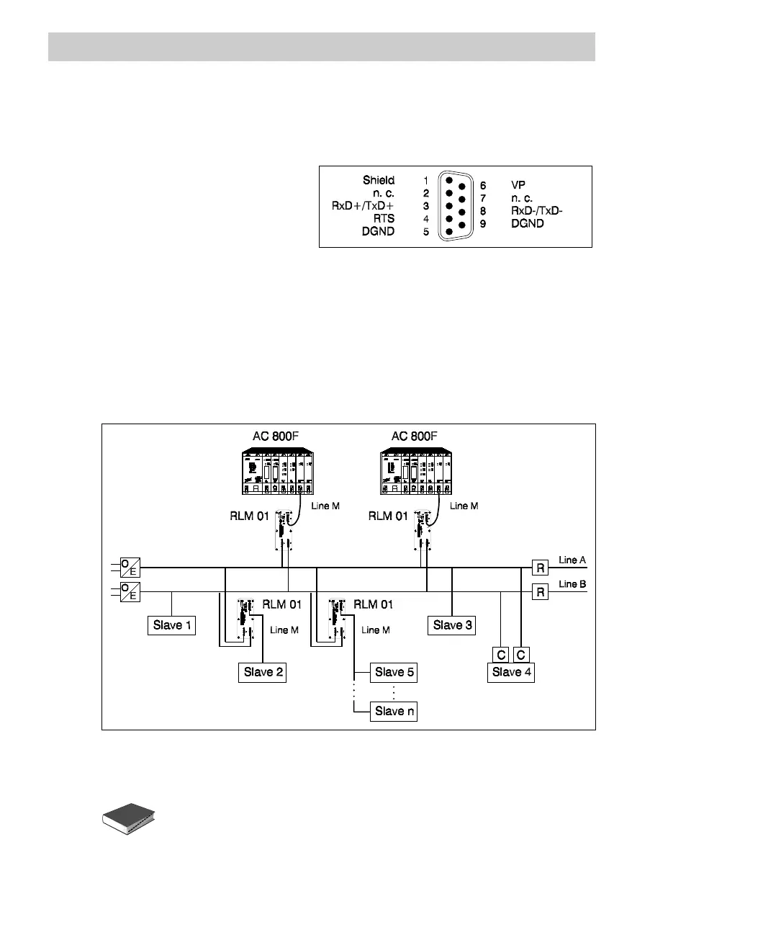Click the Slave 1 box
coord(171,625)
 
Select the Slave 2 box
coord(263,673)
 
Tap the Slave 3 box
coord(452,625)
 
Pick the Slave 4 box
coord(511,673)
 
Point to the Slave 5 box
coord(394,673)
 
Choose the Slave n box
coord(394,712)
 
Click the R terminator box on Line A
coord(540,568)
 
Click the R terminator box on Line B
coord(540,592)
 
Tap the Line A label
coord(572,560)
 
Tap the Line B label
coord(572,584)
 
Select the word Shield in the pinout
coord(379,180)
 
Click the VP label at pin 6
coord(518,185)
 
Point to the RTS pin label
coord(384,218)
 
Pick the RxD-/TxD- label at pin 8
coord(537,211)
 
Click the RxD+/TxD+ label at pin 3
coord(363,206)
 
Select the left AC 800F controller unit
coord(277,472)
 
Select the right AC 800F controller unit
coord(416,472)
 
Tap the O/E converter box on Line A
coord(129,568)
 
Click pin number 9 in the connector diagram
coord(483,224)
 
